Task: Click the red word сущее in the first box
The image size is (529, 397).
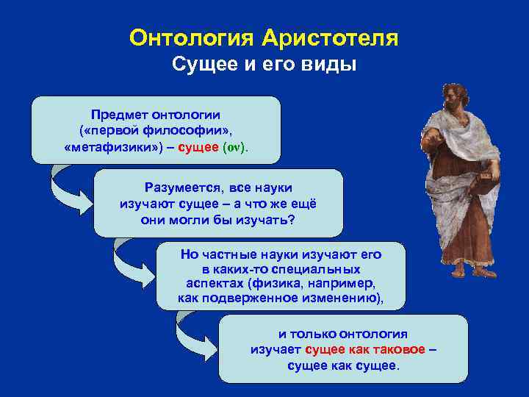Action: pyautogui.click(x=199, y=148)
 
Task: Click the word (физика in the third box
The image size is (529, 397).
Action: pyautogui.click(x=273, y=284)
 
